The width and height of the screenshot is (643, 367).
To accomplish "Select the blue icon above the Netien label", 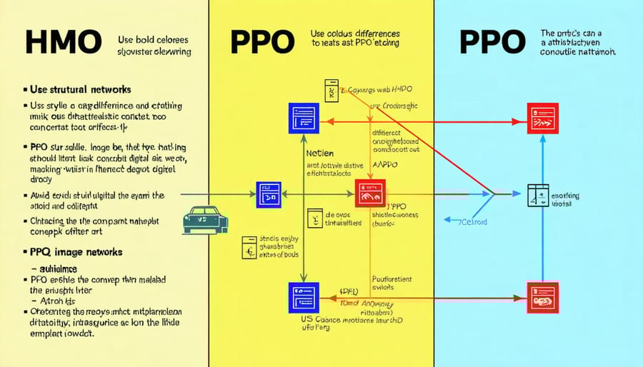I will click(x=302, y=117).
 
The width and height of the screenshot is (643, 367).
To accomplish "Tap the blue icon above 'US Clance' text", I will click(x=302, y=296).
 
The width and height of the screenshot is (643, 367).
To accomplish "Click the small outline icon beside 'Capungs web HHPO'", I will click(x=330, y=90).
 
